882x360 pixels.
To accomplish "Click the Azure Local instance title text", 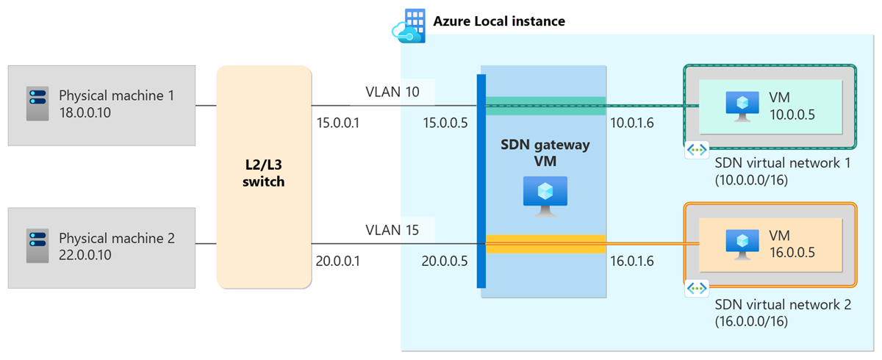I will pos(499,21).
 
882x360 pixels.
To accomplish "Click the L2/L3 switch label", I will pos(263,173).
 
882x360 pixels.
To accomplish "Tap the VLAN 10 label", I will pos(392,92).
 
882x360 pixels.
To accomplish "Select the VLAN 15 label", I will pos(392,230).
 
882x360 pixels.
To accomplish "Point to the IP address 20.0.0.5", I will pos(445,260).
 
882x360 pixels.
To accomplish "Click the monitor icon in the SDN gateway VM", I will pos(545,195).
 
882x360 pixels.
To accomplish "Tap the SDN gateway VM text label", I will pos(545,152).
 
